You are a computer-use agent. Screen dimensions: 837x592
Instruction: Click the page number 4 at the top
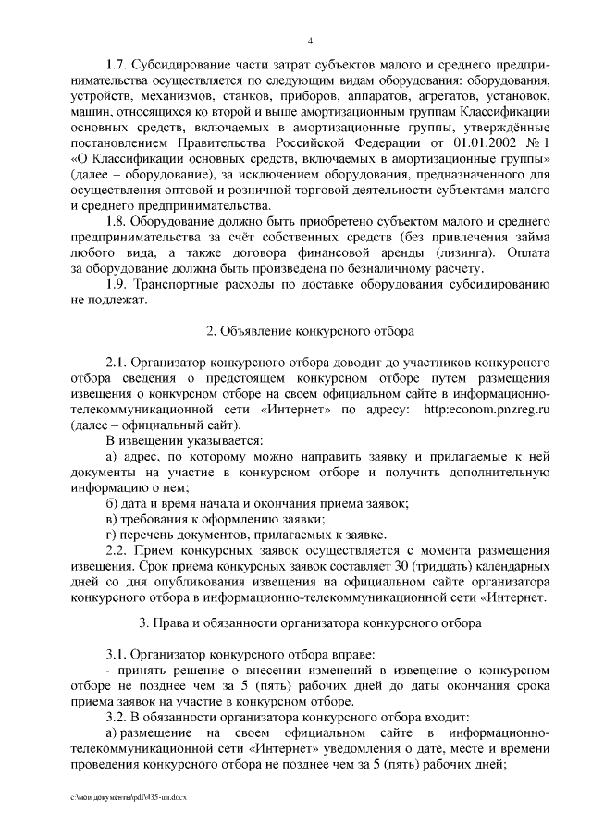click(x=310, y=40)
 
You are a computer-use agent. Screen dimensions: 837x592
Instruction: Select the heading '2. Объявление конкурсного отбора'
click(x=310, y=330)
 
